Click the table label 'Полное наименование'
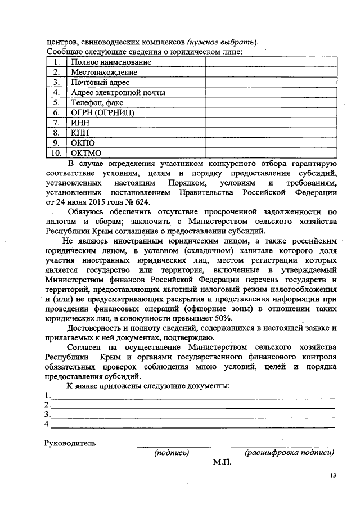coord(110,62)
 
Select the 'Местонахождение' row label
coord(104,73)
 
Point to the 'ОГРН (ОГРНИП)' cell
coord(103,112)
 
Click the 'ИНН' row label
coord(80,123)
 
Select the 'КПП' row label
coord(80,133)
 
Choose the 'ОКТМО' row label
coord(86,153)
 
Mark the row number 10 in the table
coord(56,153)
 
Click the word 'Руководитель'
coord(70,443)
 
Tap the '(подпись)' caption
coord(172,452)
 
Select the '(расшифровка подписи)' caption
coord(289,452)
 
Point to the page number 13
coord(332,476)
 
